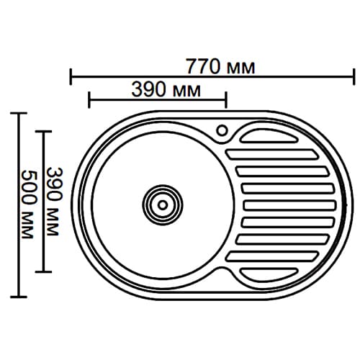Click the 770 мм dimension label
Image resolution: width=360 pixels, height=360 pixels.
click(x=220, y=67)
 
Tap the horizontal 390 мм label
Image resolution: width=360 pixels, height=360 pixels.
click(x=166, y=90)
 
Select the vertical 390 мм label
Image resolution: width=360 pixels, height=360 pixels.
click(x=54, y=202)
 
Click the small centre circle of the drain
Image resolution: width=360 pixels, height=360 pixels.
click(x=163, y=205)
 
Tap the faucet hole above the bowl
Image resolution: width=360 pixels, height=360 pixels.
click(x=222, y=131)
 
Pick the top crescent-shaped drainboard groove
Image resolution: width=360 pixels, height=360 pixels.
click(x=269, y=136)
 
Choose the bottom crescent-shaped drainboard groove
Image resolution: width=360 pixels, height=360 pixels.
click(x=269, y=274)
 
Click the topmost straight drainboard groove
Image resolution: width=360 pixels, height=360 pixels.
click(x=272, y=155)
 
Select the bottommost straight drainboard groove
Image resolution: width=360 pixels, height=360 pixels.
click(x=272, y=256)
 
